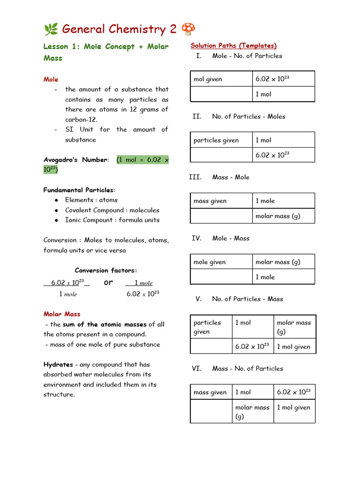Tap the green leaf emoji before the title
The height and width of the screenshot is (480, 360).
click(x=51, y=30)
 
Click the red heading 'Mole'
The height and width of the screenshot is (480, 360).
click(x=51, y=79)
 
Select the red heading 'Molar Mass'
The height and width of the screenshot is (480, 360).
click(x=62, y=314)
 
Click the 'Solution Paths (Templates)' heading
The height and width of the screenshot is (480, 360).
click(x=233, y=45)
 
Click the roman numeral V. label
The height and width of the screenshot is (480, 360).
click(x=198, y=299)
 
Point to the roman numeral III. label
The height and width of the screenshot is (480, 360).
click(x=195, y=177)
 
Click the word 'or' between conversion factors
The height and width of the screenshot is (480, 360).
click(x=108, y=282)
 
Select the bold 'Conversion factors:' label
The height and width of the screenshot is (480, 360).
click(x=106, y=270)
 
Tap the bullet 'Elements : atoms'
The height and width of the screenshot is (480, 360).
click(x=91, y=200)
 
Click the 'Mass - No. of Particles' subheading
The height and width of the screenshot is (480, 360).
click(x=247, y=368)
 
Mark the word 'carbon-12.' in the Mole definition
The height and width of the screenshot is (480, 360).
click(x=81, y=120)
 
